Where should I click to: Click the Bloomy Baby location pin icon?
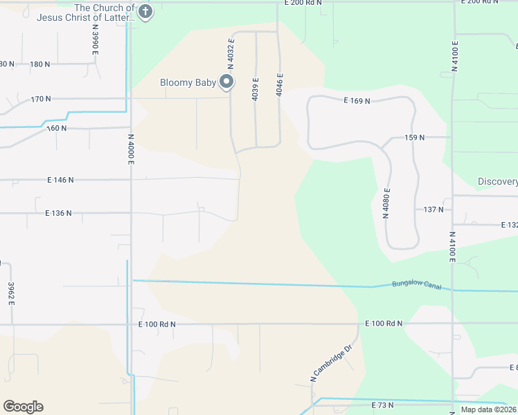[226, 83]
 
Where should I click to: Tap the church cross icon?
[145, 12]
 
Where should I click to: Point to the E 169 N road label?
[357, 100]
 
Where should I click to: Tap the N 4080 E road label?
[386, 203]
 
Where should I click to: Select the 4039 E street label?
[256, 89]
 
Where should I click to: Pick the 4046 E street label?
[280, 84]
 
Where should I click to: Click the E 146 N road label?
[60, 180]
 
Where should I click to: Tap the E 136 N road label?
[58, 213]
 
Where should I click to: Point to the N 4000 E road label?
[130, 148]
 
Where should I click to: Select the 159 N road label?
[414, 138]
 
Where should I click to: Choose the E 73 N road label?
[382, 405]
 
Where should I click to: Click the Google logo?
[23, 407]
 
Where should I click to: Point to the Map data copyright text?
[488, 409]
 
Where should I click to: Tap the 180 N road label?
[40, 64]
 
